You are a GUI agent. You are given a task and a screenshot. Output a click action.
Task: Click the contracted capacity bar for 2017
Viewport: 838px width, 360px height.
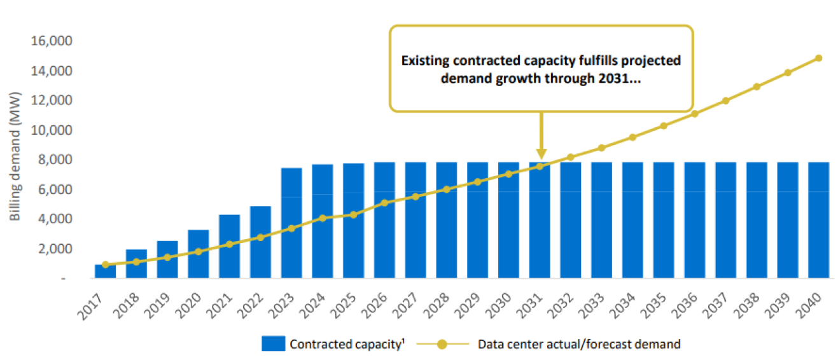pos(105,272)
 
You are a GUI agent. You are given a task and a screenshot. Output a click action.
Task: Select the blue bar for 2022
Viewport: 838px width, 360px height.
pos(260,242)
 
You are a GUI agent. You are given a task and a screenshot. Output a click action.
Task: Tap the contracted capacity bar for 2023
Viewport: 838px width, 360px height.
pos(291,223)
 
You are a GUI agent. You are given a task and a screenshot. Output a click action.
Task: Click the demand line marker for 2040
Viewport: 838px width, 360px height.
pos(819,58)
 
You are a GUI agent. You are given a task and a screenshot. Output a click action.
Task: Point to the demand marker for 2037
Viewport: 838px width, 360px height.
pos(725,100)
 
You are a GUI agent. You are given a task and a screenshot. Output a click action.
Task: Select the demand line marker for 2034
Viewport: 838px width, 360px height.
pos(632,137)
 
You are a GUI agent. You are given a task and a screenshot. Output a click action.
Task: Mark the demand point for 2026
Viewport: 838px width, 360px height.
pos(384,203)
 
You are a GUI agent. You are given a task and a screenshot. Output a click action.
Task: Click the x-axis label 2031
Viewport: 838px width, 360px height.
pos(534,303)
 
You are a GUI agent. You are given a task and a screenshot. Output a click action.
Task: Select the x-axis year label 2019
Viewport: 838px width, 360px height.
pos(162,303)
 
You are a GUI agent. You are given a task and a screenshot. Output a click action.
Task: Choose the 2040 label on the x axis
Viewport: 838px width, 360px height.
pos(813,303)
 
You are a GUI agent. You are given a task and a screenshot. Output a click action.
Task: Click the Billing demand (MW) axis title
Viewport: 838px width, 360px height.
pos(16,157)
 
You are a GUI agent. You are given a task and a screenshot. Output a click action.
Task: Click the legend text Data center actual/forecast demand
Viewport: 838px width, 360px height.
pos(579,344)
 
